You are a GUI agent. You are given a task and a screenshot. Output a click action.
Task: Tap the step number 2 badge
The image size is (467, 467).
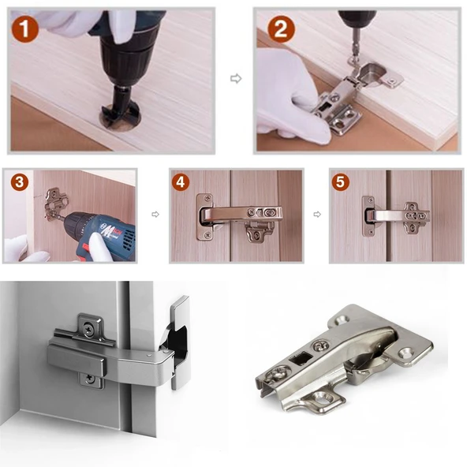tap(281, 29)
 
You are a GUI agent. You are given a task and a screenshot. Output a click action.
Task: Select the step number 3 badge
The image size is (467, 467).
tap(20, 182)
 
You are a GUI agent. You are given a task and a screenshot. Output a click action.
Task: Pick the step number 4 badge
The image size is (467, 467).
tap(181, 182)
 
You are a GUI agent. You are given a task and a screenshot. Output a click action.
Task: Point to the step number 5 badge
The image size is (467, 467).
tap(341, 181)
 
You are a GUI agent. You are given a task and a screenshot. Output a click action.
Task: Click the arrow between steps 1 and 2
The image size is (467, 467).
tap(236, 79)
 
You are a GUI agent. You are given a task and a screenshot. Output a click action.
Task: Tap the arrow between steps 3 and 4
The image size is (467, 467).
tap(155, 214)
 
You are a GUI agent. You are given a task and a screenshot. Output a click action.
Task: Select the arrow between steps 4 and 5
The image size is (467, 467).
tap(317, 214)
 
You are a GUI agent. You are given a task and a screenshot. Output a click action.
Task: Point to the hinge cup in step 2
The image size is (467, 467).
tap(372, 73)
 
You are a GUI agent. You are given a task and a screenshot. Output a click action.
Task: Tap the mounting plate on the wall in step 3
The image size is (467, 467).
tap(56, 204)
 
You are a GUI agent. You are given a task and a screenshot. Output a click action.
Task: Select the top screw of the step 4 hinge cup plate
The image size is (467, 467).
tap(207, 198)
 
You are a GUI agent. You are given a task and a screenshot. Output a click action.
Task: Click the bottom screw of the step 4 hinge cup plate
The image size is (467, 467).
tap(207, 236)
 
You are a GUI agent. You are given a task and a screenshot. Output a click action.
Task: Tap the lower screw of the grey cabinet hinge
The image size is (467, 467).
tap(89, 379)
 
